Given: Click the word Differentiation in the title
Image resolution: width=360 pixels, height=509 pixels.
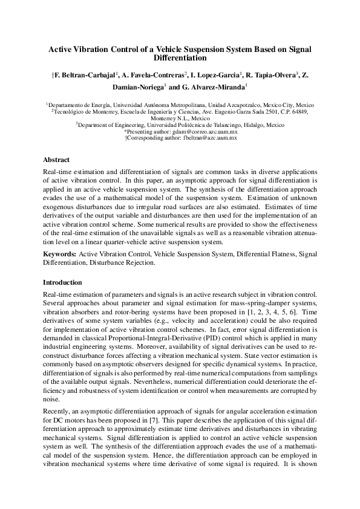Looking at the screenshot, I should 180,59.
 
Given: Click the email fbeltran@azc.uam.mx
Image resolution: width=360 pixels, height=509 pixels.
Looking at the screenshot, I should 206,138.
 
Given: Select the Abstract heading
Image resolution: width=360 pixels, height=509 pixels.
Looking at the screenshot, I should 56,160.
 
